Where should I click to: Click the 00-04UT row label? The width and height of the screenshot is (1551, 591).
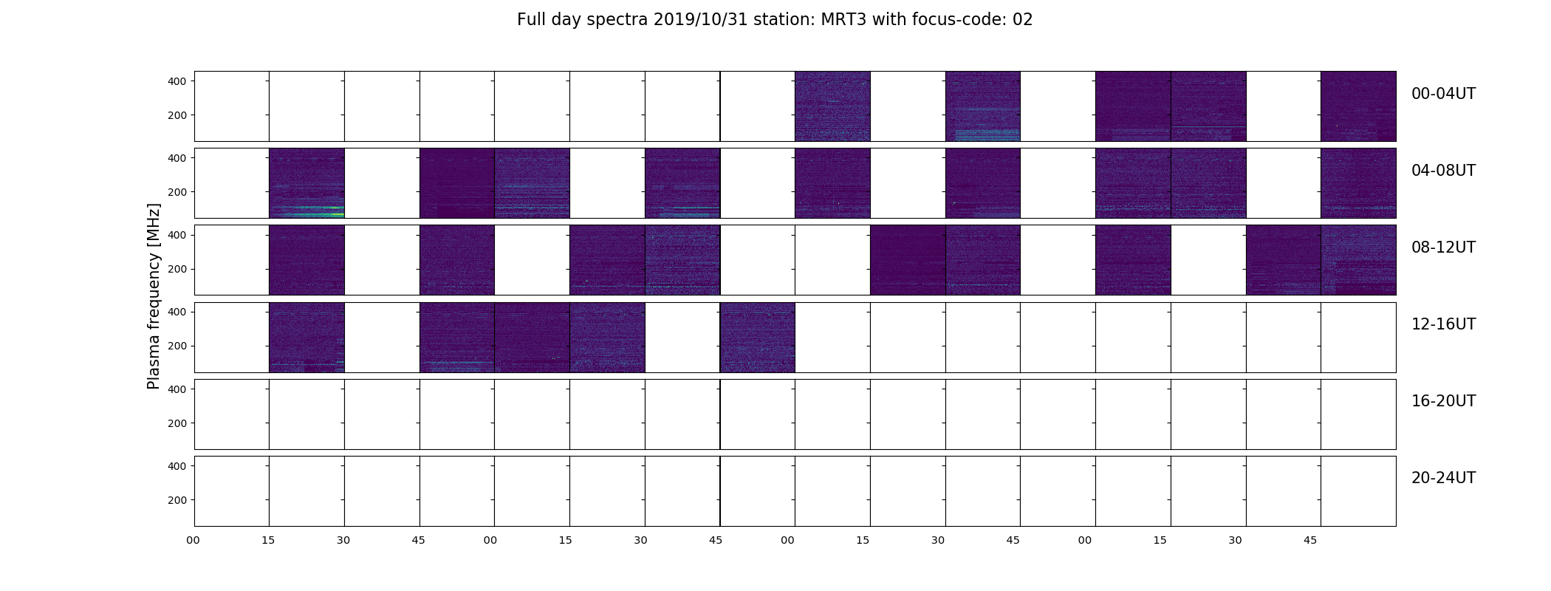pyautogui.click(x=1443, y=94)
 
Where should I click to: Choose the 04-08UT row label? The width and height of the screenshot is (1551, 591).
pyautogui.click(x=1443, y=171)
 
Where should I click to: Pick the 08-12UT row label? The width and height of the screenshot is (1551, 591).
pyautogui.click(x=1443, y=247)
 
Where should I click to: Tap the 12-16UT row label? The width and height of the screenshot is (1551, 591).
pyautogui.click(x=1443, y=324)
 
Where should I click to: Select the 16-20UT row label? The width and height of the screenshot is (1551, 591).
pyautogui.click(x=1443, y=401)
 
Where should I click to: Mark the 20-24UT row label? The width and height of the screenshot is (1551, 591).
pyautogui.click(x=1443, y=478)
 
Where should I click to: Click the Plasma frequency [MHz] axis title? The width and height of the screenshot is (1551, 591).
pyautogui.click(x=154, y=296)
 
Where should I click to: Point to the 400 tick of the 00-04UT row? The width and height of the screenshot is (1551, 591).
pyautogui.click(x=177, y=81)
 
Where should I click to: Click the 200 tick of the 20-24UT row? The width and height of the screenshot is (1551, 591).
pyautogui.click(x=177, y=500)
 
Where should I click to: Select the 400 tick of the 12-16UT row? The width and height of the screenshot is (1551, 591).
pyautogui.click(x=177, y=312)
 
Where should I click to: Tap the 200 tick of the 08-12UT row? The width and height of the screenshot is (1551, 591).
pyautogui.click(x=177, y=269)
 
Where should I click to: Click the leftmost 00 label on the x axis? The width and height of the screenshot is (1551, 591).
pyautogui.click(x=193, y=540)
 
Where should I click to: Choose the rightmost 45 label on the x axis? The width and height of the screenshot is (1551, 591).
pyautogui.click(x=1310, y=540)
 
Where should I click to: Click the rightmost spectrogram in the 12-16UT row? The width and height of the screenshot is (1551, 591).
pyautogui.click(x=758, y=338)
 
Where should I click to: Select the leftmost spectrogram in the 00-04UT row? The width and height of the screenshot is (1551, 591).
pyautogui.click(x=832, y=106)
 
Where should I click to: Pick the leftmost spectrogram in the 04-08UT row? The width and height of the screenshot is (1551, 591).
pyautogui.click(x=307, y=183)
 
